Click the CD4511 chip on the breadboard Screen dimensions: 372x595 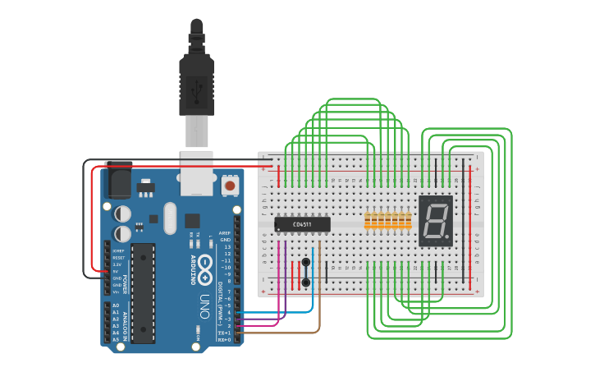[302, 224]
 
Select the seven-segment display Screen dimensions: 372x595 [435, 220]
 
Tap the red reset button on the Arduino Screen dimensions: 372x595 [231, 186]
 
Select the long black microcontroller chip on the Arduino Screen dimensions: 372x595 [143, 292]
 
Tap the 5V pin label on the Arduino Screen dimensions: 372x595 [117, 271]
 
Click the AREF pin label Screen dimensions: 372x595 [225, 232]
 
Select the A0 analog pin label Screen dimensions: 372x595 [115, 305]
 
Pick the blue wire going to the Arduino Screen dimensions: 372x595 [312, 296]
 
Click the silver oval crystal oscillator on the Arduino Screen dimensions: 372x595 [170, 218]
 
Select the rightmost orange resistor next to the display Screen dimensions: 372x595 [408, 220]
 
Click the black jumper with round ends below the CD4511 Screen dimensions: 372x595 [306, 272]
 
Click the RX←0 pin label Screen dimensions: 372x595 [224, 338]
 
